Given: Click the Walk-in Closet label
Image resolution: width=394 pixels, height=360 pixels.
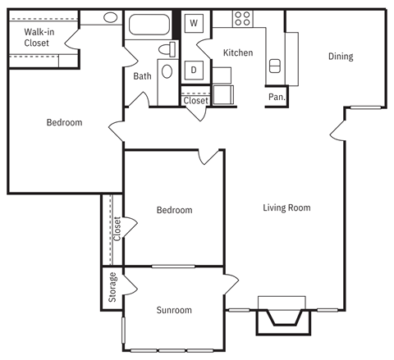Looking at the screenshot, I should click(x=37, y=38).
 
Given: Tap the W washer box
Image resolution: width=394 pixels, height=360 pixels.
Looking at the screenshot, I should click(x=194, y=23).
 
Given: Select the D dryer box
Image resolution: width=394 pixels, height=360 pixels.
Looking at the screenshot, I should click(x=194, y=71).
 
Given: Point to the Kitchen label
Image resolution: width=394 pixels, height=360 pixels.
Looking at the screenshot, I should click(x=238, y=52).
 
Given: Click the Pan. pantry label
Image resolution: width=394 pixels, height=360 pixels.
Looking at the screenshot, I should click(x=277, y=97).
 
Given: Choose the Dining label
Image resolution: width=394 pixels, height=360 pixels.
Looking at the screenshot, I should click(x=341, y=57).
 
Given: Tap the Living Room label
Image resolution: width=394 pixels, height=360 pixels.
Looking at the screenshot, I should click(x=286, y=207).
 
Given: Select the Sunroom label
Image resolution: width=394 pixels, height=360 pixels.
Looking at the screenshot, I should click(x=174, y=310).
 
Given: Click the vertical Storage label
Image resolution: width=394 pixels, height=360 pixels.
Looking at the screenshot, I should click(x=112, y=288).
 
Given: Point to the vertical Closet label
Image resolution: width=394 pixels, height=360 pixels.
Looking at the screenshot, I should click(x=117, y=229).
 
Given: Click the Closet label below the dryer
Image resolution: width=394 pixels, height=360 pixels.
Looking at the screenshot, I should click(x=195, y=102).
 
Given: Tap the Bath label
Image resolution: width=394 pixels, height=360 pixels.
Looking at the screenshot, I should click(x=142, y=76).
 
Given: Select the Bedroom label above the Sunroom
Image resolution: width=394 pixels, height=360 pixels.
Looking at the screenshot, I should click(x=174, y=210).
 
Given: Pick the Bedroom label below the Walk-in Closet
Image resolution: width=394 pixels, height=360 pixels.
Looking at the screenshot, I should click(x=64, y=123).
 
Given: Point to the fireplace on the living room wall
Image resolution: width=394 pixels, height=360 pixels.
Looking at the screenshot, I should click(x=283, y=315).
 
